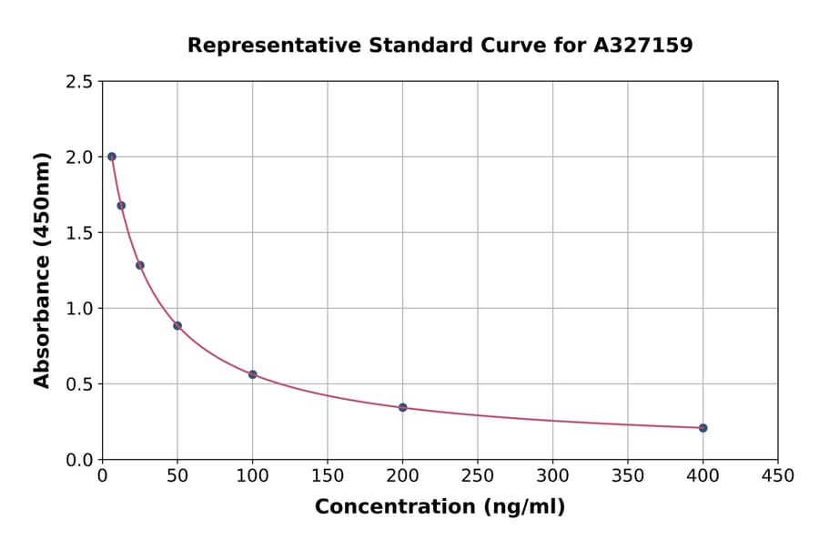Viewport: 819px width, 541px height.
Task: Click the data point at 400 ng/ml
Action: (703, 428)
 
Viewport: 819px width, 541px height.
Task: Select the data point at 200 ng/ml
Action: (402, 407)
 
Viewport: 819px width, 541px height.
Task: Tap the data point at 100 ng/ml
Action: (253, 374)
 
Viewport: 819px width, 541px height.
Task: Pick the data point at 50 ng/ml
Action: (177, 325)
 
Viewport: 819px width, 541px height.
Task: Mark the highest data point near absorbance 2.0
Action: (112, 157)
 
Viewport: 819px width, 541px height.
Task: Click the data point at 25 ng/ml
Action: (140, 265)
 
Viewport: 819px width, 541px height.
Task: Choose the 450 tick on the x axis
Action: (777, 476)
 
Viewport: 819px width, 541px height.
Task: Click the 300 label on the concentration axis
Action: (552, 476)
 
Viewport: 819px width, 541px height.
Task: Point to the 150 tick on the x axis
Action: (328, 476)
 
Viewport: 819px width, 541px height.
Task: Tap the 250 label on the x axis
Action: (478, 476)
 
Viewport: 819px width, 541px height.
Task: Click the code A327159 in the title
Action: (643, 46)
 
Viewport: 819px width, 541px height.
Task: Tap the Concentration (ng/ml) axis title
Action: (440, 507)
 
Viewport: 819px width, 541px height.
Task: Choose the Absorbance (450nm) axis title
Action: (42, 270)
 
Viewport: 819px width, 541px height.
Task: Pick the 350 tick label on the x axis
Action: (627, 476)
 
